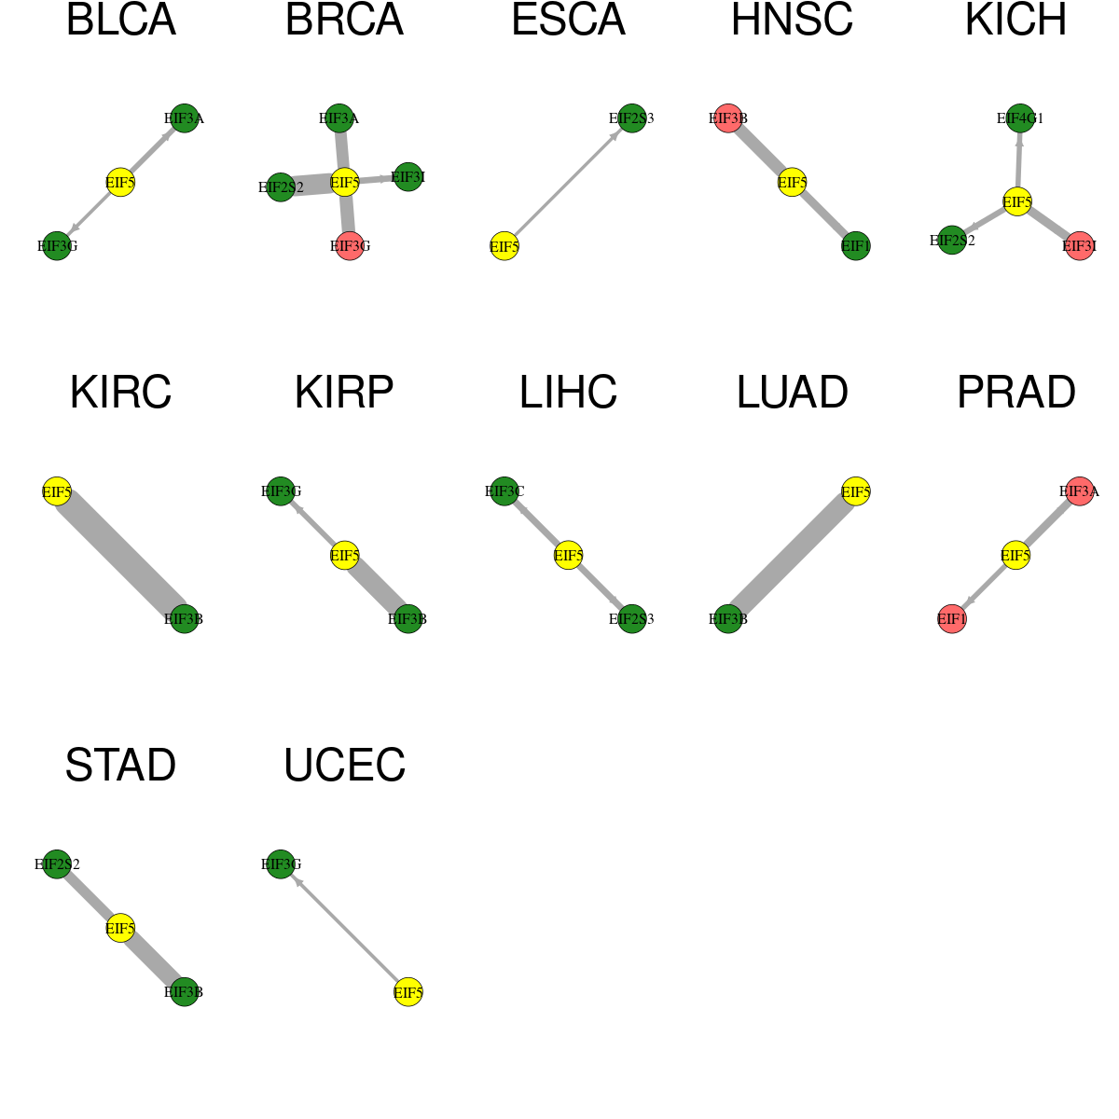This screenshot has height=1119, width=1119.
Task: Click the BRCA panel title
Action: (344, 21)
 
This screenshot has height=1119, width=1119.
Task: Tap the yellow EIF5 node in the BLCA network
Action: (121, 183)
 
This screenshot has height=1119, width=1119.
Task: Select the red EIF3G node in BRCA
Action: (351, 245)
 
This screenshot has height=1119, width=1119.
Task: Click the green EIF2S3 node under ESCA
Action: (632, 118)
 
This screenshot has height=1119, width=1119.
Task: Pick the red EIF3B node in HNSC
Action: (728, 118)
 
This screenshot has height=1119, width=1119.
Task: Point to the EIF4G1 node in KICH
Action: (1020, 118)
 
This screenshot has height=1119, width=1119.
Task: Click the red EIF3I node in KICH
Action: (1080, 245)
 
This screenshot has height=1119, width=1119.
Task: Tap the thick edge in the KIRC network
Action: (121, 555)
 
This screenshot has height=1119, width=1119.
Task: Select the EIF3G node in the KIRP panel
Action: (281, 491)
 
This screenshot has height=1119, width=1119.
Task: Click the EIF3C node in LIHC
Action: (504, 491)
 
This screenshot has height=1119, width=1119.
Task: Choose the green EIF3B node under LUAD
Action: (728, 618)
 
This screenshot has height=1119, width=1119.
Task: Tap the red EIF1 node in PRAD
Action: (952, 618)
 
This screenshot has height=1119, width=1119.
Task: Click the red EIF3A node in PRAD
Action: (1080, 491)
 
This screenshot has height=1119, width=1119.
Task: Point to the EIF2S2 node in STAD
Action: (57, 864)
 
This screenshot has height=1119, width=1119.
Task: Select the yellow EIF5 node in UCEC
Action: (408, 992)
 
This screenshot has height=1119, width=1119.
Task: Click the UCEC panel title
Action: (344, 766)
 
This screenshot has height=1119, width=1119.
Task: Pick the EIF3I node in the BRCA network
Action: (408, 176)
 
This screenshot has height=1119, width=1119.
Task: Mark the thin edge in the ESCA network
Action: (567, 183)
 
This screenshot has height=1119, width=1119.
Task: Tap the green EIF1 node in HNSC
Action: (855, 245)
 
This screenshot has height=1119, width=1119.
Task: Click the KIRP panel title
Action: (344, 393)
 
